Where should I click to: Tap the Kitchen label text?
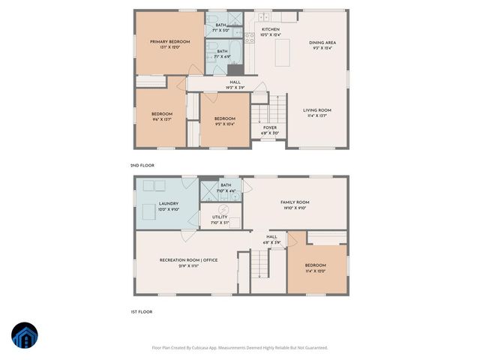click(x=270, y=29)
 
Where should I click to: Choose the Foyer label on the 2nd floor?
click(x=270, y=127)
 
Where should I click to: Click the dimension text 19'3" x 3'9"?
click(x=235, y=87)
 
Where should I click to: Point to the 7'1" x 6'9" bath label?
click(x=223, y=51)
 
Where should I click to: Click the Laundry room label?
click(x=169, y=204)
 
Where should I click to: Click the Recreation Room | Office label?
click(x=188, y=259)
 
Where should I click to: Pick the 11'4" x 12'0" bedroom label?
click(x=316, y=266)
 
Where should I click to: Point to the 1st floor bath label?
click(x=226, y=185)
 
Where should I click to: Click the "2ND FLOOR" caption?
click(x=141, y=165)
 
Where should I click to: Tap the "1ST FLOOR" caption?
click(x=141, y=311)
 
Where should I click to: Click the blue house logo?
click(x=25, y=335)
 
